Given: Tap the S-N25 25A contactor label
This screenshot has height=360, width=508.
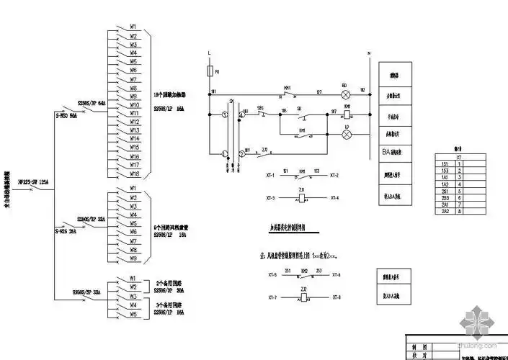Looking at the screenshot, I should click(x=66, y=232).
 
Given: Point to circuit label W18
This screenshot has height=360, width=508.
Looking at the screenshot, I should click(x=133, y=174).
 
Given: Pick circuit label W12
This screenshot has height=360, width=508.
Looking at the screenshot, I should click(x=133, y=122).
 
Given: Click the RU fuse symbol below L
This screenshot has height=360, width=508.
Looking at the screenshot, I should click(x=209, y=71).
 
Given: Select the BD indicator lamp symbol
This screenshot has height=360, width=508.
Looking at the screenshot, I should click(x=344, y=94).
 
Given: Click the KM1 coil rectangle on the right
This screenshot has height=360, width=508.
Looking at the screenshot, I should click(x=347, y=114).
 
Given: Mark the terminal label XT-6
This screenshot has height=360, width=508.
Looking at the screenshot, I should click(x=336, y=275).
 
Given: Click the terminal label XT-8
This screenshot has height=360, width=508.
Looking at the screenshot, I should click(x=336, y=297).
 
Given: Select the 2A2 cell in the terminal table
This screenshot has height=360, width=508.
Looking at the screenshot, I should click(x=445, y=212).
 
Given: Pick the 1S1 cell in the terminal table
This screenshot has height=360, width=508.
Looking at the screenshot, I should click(x=445, y=163).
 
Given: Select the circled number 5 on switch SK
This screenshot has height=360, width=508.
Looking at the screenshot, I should click(x=224, y=115).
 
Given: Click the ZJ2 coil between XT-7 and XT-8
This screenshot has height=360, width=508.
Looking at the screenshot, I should click(x=303, y=297).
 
